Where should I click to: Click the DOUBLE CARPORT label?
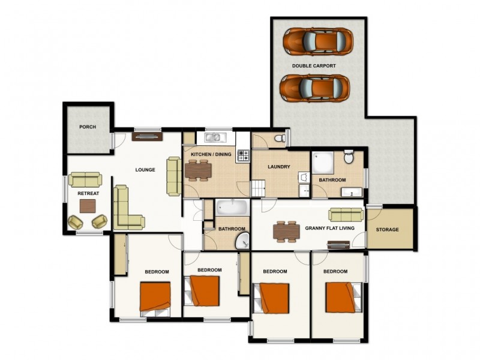[x=314, y=65]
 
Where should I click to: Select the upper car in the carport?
[x=316, y=41]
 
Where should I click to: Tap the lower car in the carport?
[x=314, y=88]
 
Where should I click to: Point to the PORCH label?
[x=88, y=127]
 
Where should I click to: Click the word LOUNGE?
[x=145, y=170]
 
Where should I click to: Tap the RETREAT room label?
[x=88, y=193]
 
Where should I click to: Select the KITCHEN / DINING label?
[x=211, y=155]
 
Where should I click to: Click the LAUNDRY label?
[x=279, y=167]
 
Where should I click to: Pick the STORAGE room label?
[x=387, y=230]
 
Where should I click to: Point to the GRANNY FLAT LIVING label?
[x=329, y=229]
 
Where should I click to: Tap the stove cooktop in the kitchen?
[x=243, y=155]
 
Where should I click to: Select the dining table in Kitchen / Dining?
[x=198, y=170]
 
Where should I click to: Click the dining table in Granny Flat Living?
[x=286, y=230]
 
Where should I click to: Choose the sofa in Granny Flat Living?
[x=346, y=214]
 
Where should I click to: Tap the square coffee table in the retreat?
[x=88, y=206]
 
